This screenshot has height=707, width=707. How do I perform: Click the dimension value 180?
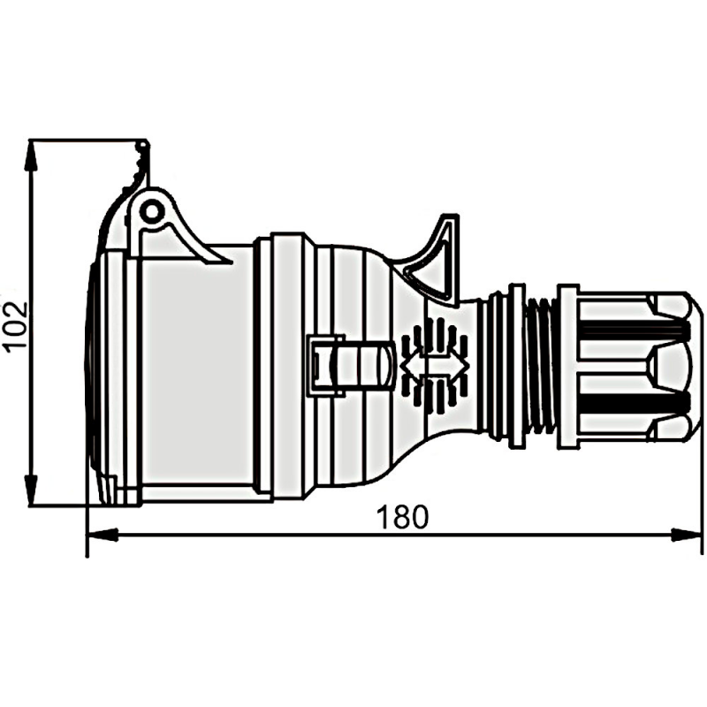(x=402, y=517)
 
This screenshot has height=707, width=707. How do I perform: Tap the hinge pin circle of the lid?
(x=151, y=211)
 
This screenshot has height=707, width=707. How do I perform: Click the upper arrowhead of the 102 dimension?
(x=30, y=156)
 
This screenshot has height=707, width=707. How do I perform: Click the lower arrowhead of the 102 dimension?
(x=30, y=490)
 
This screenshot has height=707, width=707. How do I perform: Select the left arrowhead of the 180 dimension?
(x=102, y=536)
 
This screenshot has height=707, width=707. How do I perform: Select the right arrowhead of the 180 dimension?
(x=687, y=536)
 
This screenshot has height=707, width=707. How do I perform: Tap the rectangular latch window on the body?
(x=325, y=365)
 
